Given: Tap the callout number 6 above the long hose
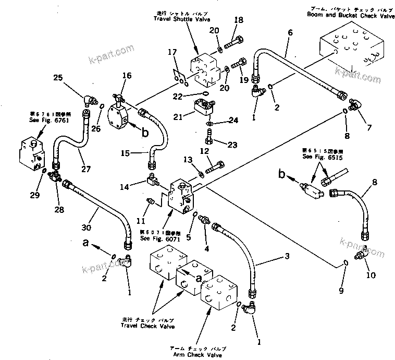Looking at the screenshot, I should (x=289, y=32).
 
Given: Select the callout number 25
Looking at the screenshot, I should (x=58, y=78).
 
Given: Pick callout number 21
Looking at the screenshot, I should (x=178, y=117).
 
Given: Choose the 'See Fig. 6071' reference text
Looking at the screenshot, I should (x=160, y=238).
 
